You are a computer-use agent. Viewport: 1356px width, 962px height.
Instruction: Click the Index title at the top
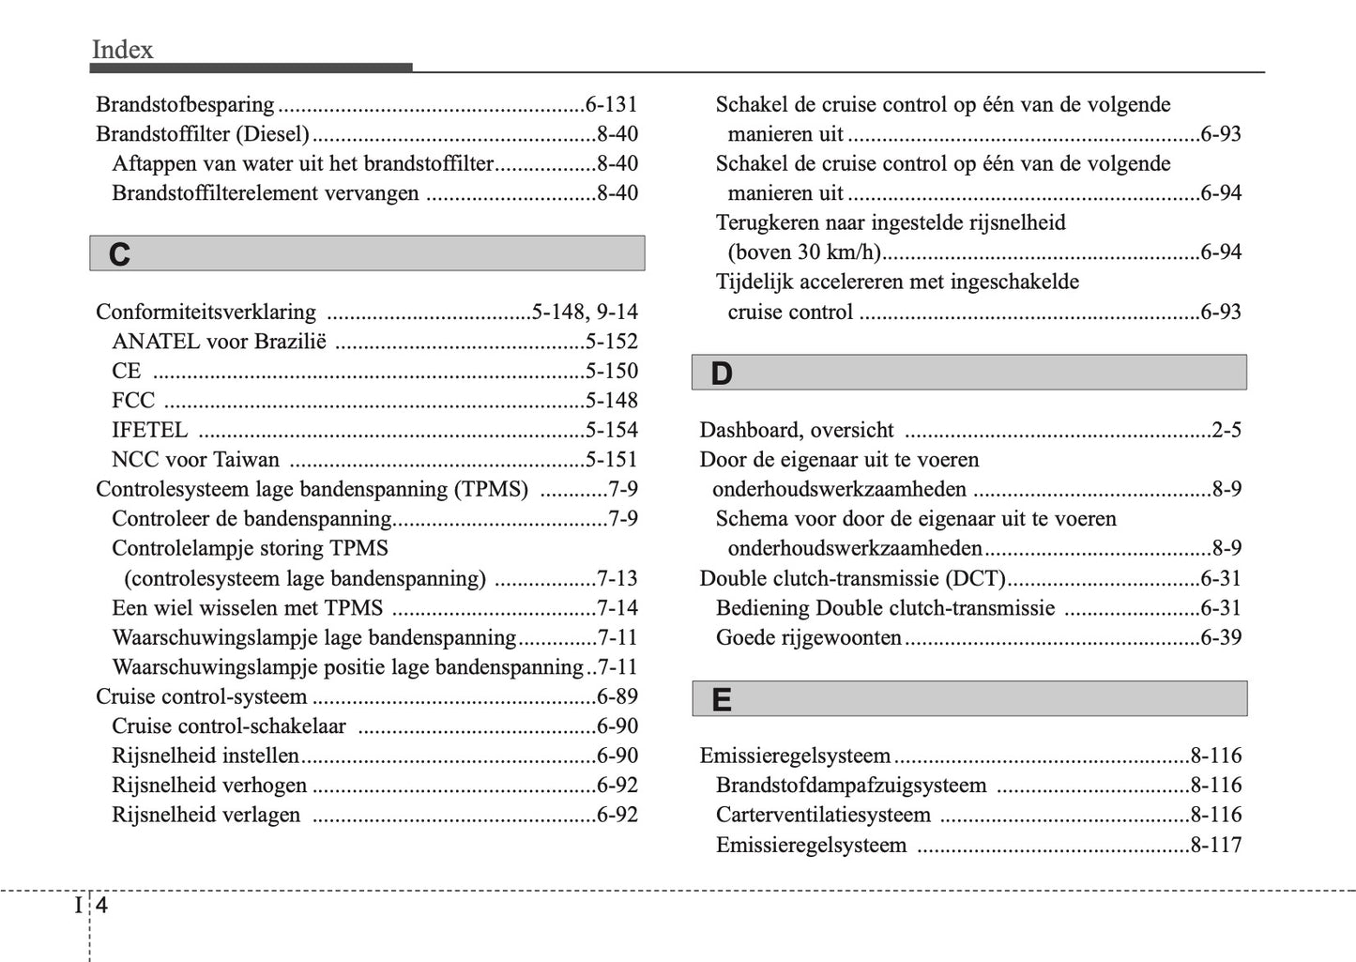click(122, 50)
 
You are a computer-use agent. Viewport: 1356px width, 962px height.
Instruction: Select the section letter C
click(119, 254)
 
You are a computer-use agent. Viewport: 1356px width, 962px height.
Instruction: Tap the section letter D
click(721, 374)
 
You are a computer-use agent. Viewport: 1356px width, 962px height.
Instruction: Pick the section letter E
click(721, 700)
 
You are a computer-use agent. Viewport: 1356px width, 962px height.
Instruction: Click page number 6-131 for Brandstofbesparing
click(611, 104)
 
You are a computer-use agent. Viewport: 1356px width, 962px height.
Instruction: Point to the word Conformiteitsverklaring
click(206, 312)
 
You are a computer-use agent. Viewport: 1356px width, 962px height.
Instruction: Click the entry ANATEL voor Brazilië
click(219, 342)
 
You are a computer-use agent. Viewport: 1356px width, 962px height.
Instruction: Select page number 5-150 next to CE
click(611, 371)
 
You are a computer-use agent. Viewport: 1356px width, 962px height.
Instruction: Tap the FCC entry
click(133, 401)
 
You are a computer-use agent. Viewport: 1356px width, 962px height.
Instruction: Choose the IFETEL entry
click(149, 430)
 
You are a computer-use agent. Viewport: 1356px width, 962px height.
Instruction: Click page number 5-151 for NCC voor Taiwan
click(611, 460)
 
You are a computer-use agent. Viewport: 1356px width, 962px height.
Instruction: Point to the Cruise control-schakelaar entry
click(229, 726)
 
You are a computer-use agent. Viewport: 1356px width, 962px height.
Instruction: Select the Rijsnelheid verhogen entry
click(209, 786)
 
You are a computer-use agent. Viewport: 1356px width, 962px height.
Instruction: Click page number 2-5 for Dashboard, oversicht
click(1226, 430)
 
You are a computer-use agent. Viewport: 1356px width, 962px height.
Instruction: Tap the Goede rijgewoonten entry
click(808, 638)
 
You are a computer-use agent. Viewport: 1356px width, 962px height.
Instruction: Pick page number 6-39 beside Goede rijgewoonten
click(1220, 638)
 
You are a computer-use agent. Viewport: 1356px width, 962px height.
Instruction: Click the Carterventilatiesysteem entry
click(823, 815)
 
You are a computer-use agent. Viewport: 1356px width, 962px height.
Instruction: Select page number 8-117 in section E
click(1215, 845)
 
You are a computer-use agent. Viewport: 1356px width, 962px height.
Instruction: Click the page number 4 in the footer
click(101, 906)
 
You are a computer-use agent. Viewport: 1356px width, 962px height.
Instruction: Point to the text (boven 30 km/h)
click(804, 252)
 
